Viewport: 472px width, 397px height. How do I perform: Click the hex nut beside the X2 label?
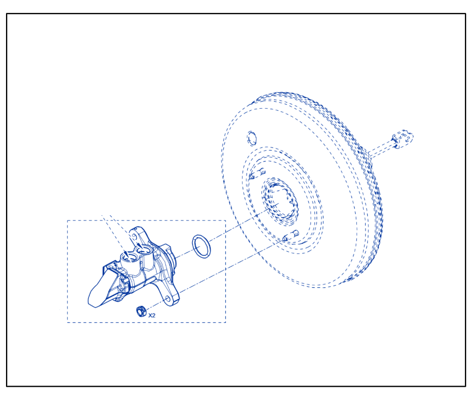click(x=141, y=311)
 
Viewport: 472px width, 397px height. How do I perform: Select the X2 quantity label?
click(x=152, y=316)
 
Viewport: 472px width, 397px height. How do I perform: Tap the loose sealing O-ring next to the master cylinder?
click(x=201, y=246)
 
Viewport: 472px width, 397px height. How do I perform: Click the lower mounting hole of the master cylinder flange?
click(x=168, y=299)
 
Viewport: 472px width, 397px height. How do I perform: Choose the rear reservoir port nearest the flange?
click(x=143, y=250)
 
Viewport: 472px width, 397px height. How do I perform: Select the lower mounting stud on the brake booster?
click(x=291, y=235)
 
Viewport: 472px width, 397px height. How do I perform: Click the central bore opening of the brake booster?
click(x=280, y=201)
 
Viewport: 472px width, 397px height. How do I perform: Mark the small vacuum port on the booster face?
click(x=252, y=138)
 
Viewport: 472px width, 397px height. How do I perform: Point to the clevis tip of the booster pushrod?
click(x=403, y=139)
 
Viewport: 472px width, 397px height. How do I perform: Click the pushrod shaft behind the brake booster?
click(x=381, y=150)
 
